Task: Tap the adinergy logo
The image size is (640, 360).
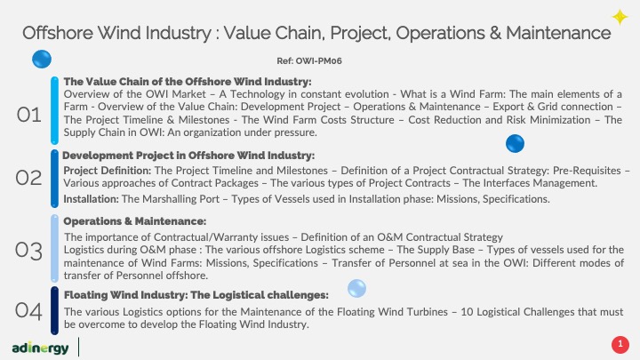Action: [x=40, y=348]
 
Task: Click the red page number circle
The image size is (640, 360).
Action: [x=620, y=344]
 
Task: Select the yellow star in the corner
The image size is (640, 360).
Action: [x=620, y=17]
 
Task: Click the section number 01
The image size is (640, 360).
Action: [x=29, y=115]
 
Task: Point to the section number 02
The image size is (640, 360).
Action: [x=28, y=178]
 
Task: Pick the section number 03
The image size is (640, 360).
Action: [x=28, y=251]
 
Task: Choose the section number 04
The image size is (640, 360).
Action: [x=28, y=311]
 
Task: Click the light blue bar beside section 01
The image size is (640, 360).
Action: [x=54, y=110]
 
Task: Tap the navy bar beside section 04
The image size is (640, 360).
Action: [x=54, y=310]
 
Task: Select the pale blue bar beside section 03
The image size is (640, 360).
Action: [x=54, y=249]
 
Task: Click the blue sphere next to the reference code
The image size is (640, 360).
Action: [x=42, y=60]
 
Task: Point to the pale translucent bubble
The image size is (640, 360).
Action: [x=356, y=289]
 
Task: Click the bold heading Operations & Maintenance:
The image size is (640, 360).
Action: [x=135, y=221]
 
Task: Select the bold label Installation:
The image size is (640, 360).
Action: [x=91, y=199]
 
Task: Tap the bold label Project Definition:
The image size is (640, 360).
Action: [x=108, y=171]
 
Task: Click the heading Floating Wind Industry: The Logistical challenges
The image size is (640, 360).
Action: [x=196, y=295]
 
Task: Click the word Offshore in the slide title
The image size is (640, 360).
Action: [x=58, y=33]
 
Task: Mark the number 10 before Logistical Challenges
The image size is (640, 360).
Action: [x=467, y=312]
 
